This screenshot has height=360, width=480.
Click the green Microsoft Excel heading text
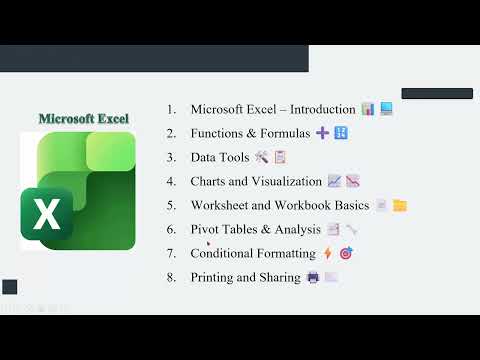click(x=83, y=118)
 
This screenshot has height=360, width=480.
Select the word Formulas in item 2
click(x=283, y=133)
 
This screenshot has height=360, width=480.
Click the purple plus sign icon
click(x=322, y=133)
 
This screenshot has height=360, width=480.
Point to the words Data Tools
click(x=220, y=157)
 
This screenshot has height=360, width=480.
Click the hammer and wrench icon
click(x=262, y=157)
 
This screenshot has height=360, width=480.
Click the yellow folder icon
click(x=399, y=205)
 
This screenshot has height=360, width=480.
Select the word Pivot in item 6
click(x=208, y=229)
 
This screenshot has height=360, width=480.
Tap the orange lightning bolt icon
click(x=327, y=253)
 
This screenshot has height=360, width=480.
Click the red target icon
click(x=345, y=253)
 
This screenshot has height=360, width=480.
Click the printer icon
click(x=312, y=277)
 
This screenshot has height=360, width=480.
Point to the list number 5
click(x=172, y=205)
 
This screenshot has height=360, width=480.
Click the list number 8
click(x=172, y=277)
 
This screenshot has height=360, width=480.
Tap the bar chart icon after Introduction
click(x=367, y=109)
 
